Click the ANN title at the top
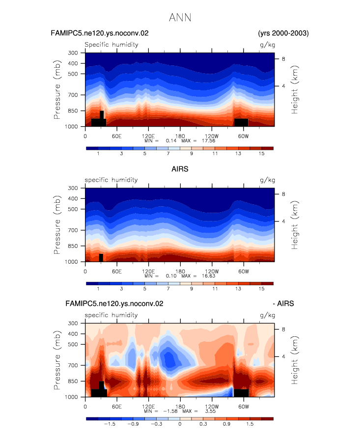[x=180, y=18]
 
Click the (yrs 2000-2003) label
[x=283, y=33]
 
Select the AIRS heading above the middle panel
[x=180, y=169]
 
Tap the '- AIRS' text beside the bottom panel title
[x=283, y=303]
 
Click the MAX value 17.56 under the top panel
[x=208, y=141]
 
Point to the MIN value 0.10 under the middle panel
[x=171, y=276]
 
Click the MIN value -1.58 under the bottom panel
[x=170, y=411]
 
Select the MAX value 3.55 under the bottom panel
[x=210, y=411]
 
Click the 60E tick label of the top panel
[x=117, y=136]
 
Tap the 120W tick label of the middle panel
[x=212, y=272]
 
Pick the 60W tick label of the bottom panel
[x=244, y=407]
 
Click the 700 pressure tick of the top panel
[x=73, y=95]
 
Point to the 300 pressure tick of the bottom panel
[x=73, y=324]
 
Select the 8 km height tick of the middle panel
[x=283, y=194]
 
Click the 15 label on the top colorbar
[x=261, y=154]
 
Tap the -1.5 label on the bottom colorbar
[x=110, y=424]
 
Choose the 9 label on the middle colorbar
[x=192, y=289]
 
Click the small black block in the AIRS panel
[x=101, y=258]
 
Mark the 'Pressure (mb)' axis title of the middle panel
[x=57, y=225]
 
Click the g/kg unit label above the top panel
[x=267, y=45]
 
